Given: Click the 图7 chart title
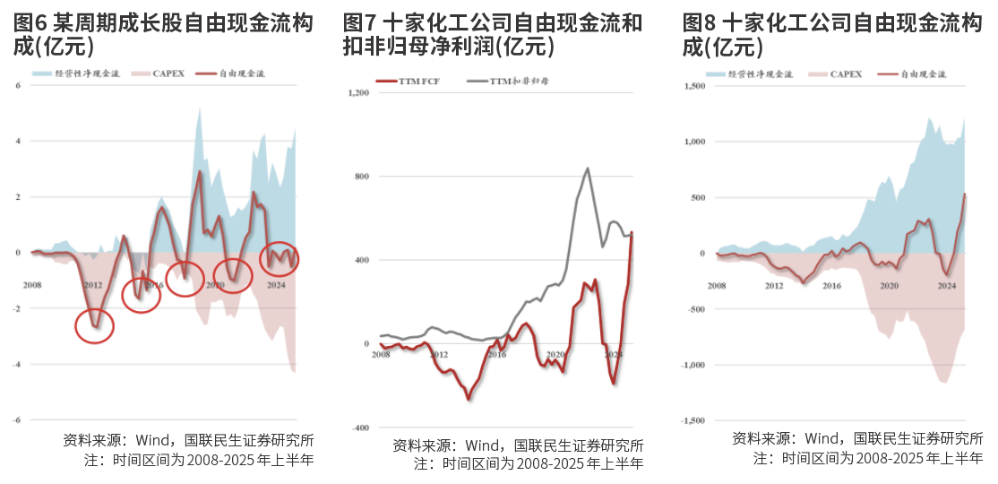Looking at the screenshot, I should (x=493, y=35).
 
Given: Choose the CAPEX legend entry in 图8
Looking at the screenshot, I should (x=837, y=74).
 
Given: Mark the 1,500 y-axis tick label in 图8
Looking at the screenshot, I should (x=694, y=86).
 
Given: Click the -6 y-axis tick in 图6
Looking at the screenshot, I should (x=16, y=420).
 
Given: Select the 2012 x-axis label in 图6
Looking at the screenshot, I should (x=92, y=285).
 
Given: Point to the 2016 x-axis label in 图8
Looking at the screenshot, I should (x=830, y=285).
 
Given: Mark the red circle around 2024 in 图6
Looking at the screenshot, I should (x=279, y=258).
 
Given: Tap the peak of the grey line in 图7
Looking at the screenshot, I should (x=587, y=168).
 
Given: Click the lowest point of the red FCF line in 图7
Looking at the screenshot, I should (x=469, y=398).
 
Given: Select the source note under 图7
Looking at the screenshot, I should (x=518, y=445).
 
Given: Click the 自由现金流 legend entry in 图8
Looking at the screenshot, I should (x=915, y=74).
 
